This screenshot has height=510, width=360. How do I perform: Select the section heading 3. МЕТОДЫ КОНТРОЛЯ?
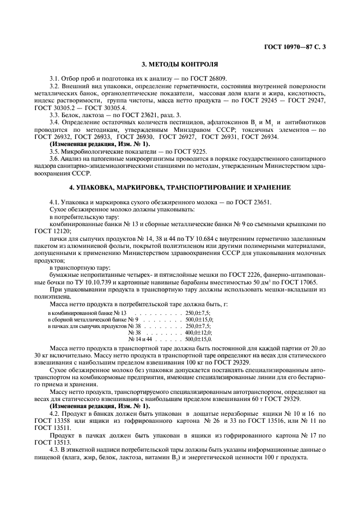click(180, 64)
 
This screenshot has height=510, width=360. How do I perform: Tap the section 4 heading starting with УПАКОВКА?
click(180, 187)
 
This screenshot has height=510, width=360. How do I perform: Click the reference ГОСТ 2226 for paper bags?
click(220, 275)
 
